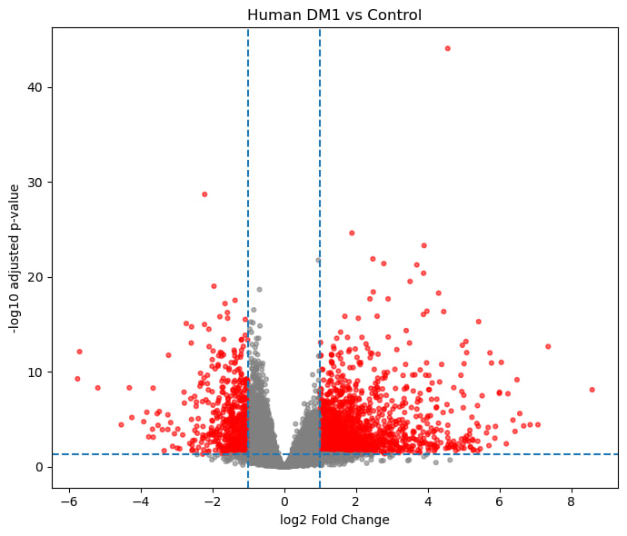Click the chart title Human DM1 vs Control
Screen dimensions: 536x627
[x=334, y=15]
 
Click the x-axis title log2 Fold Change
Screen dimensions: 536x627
[x=334, y=520]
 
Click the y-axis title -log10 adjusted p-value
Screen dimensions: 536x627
[x=15, y=258]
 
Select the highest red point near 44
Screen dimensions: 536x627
[x=447, y=48]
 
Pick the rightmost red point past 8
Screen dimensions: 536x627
[x=592, y=389]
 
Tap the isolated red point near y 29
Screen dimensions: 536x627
[x=204, y=194]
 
